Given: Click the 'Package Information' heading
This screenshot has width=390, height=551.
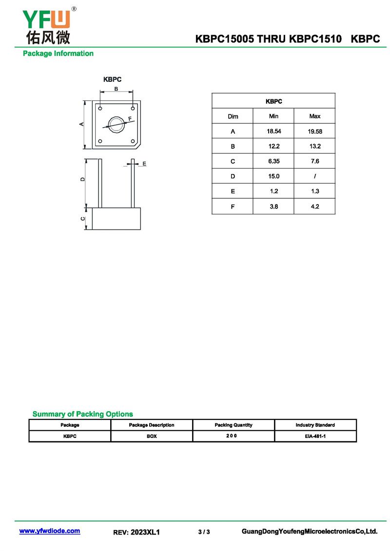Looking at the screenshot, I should click(58, 54).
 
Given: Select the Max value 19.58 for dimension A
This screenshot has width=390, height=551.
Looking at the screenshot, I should click(314, 132).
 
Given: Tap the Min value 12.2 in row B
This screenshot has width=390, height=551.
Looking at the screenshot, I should click(273, 147).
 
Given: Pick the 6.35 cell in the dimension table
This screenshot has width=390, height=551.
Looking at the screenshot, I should click(273, 161).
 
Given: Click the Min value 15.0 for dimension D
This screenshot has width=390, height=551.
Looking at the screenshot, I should click(273, 176).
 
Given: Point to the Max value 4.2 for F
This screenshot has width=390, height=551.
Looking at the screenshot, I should click(314, 207).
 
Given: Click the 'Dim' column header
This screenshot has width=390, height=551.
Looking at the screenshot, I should click(233, 116).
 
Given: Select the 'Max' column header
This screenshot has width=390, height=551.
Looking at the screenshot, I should click(314, 116).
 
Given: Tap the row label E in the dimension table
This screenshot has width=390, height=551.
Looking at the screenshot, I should click(233, 191).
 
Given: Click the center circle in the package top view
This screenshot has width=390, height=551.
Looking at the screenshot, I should click(117, 124).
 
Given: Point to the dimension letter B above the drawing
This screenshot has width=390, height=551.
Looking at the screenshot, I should click(116, 89).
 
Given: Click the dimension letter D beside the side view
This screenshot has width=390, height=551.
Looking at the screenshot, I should click(83, 179).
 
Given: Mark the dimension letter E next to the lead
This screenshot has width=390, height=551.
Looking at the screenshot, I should click(144, 164).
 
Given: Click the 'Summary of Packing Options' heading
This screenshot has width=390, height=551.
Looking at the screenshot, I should click(82, 414).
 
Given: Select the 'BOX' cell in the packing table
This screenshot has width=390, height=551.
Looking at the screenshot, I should click(152, 436).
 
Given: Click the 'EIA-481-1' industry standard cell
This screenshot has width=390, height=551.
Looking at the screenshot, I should click(315, 436).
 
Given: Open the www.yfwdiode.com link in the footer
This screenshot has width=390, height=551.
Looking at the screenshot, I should click(50, 531).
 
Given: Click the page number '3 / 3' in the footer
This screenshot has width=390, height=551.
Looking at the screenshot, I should click(204, 532).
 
